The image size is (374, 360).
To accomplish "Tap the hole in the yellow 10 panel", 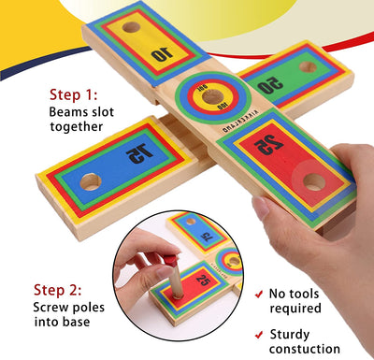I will click(x=132, y=27).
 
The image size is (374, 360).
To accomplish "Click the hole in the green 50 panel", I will click(x=309, y=66).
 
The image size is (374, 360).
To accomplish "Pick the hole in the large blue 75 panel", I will click(x=90, y=181).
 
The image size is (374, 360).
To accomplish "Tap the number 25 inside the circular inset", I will click(x=200, y=278).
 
